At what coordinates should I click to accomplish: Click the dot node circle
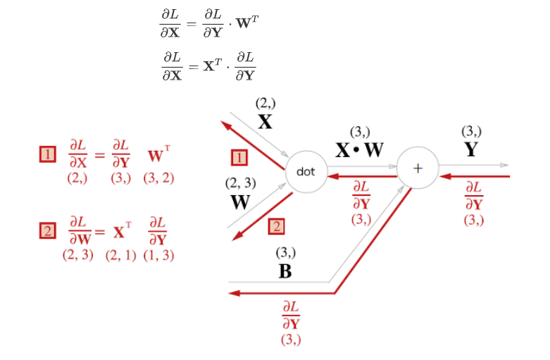(x=306, y=171)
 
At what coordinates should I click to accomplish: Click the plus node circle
(x=417, y=169)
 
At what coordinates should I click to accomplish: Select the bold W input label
(x=240, y=202)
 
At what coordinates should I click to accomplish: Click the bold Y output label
(x=471, y=149)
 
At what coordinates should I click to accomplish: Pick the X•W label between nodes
(x=359, y=150)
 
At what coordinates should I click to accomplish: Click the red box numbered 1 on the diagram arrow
(x=239, y=157)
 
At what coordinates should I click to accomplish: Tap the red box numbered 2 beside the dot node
(x=276, y=226)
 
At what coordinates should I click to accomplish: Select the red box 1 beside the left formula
(x=47, y=154)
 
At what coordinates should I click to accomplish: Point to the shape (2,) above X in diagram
(x=265, y=103)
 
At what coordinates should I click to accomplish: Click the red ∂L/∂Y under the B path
(x=290, y=316)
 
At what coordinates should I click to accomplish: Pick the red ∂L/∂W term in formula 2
(x=80, y=230)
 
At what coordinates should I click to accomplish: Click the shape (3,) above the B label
(x=285, y=252)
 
